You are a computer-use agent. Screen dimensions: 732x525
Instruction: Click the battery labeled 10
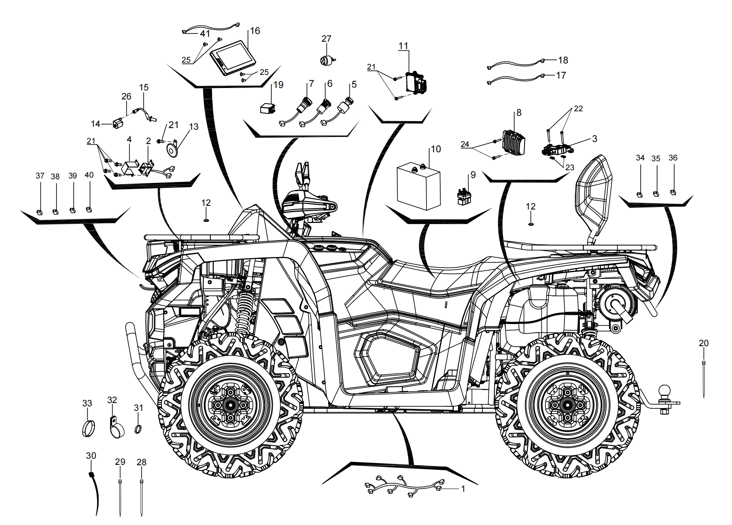pyautogui.click(x=419, y=186)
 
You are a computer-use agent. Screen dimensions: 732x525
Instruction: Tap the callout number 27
pyautogui.click(x=326, y=38)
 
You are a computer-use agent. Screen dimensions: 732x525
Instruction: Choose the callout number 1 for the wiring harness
pyautogui.click(x=463, y=489)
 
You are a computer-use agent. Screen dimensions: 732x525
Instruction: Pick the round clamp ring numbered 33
pyautogui.click(x=89, y=428)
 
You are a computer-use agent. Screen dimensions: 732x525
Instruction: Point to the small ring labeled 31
pyautogui.click(x=138, y=429)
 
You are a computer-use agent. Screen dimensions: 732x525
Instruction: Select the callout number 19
pyautogui.click(x=278, y=85)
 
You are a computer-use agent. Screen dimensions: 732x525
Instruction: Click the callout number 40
pyautogui.click(x=89, y=175)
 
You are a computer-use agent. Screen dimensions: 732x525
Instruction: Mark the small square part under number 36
pyautogui.click(x=673, y=192)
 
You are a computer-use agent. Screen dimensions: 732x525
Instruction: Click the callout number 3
pyautogui.click(x=595, y=139)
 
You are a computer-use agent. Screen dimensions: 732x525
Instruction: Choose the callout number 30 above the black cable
pyautogui.click(x=91, y=455)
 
